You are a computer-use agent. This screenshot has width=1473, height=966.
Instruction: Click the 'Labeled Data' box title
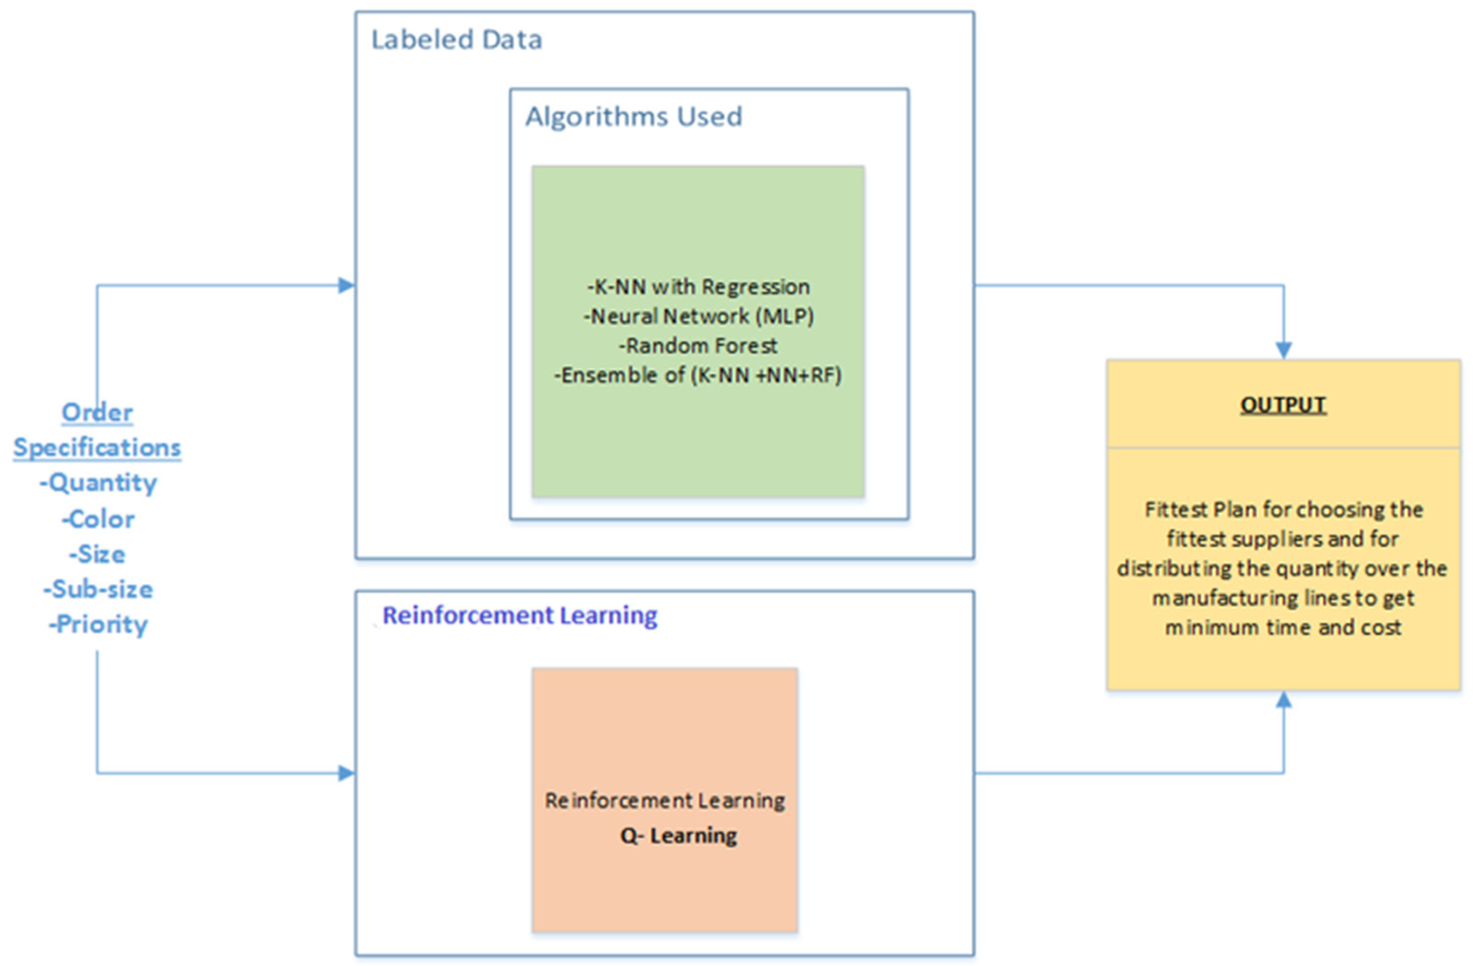pos(456,40)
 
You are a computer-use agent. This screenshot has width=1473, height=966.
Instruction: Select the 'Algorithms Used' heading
pos(633,116)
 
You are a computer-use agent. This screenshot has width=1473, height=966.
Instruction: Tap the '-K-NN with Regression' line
pos(698,287)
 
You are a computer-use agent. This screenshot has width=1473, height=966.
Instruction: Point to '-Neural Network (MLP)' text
pos(698,316)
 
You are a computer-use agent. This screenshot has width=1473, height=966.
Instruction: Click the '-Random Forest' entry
pos(698,345)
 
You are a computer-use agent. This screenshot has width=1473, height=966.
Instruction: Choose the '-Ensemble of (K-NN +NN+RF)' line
pos(698,375)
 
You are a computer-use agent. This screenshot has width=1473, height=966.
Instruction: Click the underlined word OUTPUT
pos(1283,405)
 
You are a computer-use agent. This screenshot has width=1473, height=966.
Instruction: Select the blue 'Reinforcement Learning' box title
pos(519,615)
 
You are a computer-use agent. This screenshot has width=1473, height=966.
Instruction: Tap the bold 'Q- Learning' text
pos(678,835)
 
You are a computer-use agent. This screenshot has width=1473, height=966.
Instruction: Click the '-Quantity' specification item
pos(98,483)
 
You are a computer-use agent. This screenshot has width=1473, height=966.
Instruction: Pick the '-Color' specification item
pos(98,519)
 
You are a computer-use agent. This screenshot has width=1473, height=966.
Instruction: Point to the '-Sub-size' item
pos(98,589)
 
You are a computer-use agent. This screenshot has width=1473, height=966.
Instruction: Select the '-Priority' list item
pos(98,624)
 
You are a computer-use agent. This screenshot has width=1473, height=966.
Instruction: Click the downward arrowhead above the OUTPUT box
pos(1283,350)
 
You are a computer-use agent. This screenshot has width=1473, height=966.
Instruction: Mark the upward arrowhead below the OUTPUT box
pos(1283,700)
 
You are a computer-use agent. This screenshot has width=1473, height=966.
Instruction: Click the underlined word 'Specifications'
pos(97,447)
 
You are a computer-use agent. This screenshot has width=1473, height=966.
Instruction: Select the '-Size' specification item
pos(97,555)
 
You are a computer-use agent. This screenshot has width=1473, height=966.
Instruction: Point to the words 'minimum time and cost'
pos(1283,628)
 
